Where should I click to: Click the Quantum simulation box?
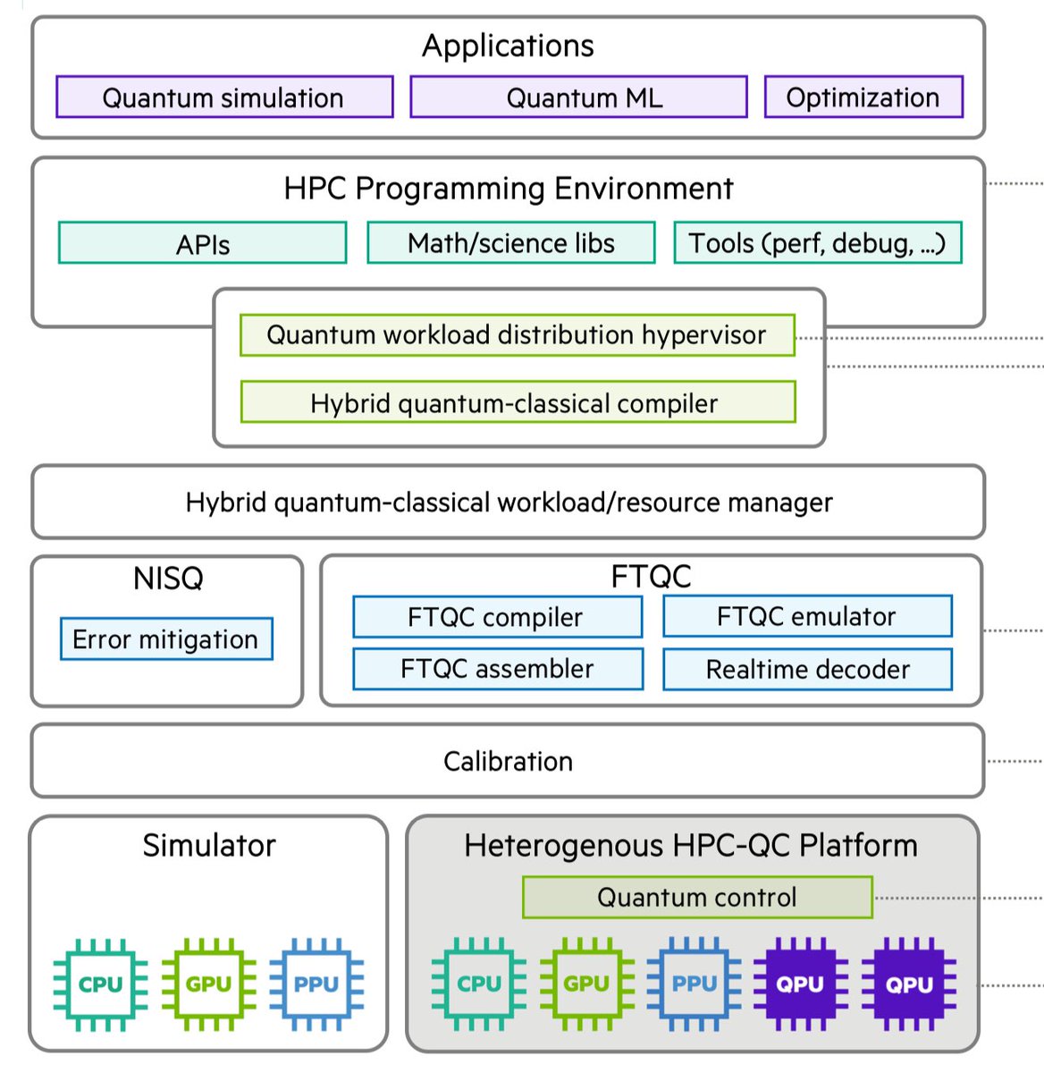click(x=223, y=97)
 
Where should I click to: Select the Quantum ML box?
click(x=578, y=97)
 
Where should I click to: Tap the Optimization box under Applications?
click(x=863, y=97)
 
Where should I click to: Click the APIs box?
click(x=202, y=243)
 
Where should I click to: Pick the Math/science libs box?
click(x=510, y=243)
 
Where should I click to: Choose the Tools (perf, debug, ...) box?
click(x=817, y=243)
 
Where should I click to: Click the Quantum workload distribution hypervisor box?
click(x=517, y=335)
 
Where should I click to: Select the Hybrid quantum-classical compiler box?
click(x=517, y=403)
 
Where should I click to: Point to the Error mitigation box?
click(x=166, y=639)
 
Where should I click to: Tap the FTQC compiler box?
click(x=497, y=617)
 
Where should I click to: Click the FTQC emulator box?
click(x=807, y=617)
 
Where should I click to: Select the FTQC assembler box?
click(x=497, y=669)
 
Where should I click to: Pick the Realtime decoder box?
click(x=807, y=669)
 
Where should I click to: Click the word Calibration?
click(x=508, y=761)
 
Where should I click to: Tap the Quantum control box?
click(x=697, y=897)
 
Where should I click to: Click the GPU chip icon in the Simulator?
click(x=208, y=984)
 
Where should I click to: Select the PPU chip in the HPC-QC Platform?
click(x=695, y=984)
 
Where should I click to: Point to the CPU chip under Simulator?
click(x=100, y=984)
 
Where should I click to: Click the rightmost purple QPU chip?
click(x=909, y=984)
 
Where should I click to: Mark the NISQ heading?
click(x=168, y=579)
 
